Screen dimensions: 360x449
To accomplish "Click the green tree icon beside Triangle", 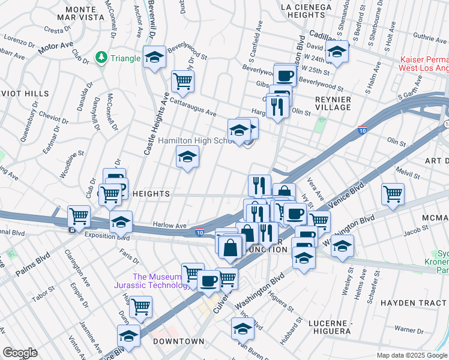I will point(101,58).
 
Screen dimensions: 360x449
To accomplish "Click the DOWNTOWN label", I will point(178,341).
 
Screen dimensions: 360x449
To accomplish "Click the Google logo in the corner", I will point(20,352).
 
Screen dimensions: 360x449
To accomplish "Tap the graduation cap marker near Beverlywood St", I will point(155,58).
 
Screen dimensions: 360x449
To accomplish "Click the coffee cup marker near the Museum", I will point(209,281).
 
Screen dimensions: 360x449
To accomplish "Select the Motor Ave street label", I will point(55,48).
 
